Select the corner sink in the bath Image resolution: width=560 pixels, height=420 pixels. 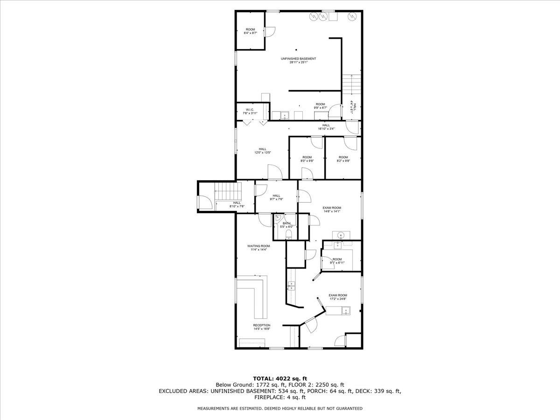(x=278, y=217)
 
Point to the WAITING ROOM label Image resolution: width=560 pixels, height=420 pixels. (x=259, y=248)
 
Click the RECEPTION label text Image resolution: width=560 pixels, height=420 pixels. (x=261, y=327)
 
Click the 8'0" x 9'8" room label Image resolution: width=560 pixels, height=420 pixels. (x=307, y=159)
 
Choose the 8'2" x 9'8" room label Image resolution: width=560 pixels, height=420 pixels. (x=343, y=159)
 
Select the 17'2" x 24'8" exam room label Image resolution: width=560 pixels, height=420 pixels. (x=338, y=297)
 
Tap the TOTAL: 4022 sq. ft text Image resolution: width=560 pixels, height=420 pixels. (x=280, y=378)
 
